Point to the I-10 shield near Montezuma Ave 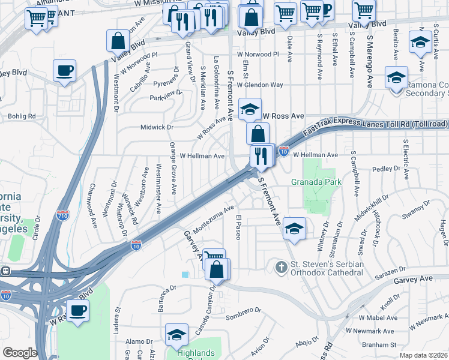tap(137, 245)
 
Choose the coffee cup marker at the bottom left tap(77, 310)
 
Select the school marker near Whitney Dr tap(294, 228)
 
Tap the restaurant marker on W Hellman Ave tap(260, 157)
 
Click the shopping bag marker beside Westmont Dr tap(118, 41)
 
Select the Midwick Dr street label tap(157, 127)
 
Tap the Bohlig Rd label tap(22, 116)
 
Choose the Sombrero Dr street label tap(244, 314)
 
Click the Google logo tap(20, 353)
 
